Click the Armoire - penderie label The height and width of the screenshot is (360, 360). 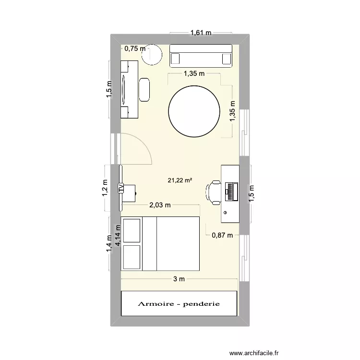coord(179,304)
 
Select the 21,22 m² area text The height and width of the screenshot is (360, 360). coord(180,180)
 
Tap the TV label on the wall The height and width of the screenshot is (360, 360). coord(120,188)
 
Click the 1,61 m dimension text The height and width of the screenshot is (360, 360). coord(201,33)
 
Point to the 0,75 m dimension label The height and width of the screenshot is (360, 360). coord(134,48)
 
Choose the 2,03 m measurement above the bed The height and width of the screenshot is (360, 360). coord(160,205)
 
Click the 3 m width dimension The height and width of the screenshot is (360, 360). coord(179,279)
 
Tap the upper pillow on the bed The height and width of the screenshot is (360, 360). coord(132,230)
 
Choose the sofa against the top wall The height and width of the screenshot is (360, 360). coord(201,55)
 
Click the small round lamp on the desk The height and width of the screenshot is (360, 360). coord(225,212)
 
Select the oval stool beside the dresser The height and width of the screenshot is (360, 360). coord(144,90)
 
